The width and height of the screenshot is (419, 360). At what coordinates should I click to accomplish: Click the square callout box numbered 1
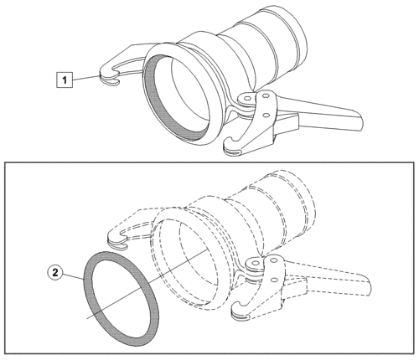[65, 80]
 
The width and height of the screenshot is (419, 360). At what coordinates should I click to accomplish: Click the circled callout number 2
[55, 272]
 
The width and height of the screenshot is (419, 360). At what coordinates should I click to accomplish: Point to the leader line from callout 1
[85, 78]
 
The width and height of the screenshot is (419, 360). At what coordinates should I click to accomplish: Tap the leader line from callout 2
[73, 276]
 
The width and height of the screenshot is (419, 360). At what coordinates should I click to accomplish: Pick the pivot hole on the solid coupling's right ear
[247, 99]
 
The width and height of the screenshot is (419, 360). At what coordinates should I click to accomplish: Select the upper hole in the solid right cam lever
[266, 96]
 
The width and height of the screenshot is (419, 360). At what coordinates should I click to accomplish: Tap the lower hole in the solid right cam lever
[266, 115]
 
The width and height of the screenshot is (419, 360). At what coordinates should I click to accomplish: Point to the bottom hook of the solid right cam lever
[232, 147]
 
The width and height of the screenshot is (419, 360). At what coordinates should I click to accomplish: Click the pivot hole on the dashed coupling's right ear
[255, 263]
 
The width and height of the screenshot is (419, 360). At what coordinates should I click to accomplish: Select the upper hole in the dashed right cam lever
[274, 260]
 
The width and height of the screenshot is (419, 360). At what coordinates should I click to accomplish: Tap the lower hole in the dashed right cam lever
[274, 280]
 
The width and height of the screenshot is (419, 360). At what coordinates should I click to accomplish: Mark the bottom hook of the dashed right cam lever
[241, 311]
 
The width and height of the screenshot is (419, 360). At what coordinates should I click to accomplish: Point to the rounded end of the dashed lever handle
[368, 286]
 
